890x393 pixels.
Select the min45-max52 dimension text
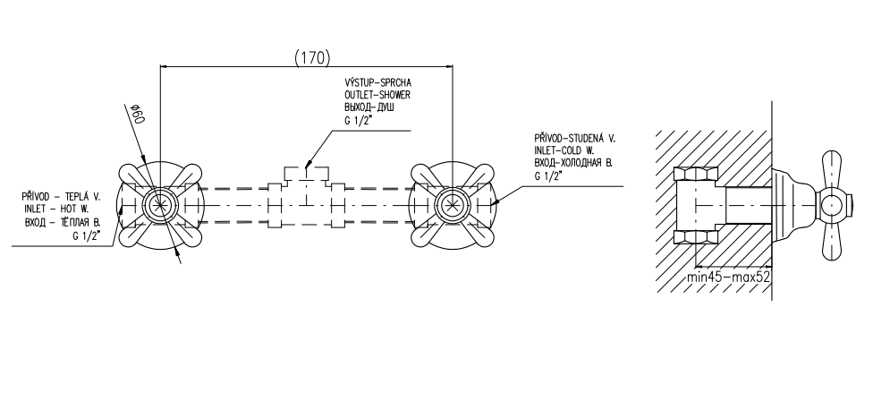(728, 277)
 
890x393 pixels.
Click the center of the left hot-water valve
(159, 205)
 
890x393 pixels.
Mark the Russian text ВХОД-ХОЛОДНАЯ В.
(573, 164)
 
